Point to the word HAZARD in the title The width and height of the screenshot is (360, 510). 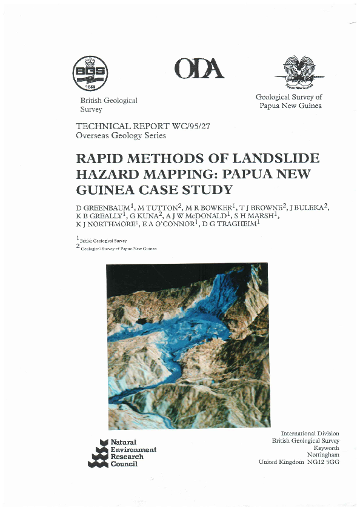pos(107,175)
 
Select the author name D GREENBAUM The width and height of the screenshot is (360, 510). pos(102,208)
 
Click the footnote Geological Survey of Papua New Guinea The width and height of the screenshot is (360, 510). pos(118,249)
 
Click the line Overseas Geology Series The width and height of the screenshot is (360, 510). pos(120,136)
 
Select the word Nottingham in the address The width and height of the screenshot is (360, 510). pos(323,455)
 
